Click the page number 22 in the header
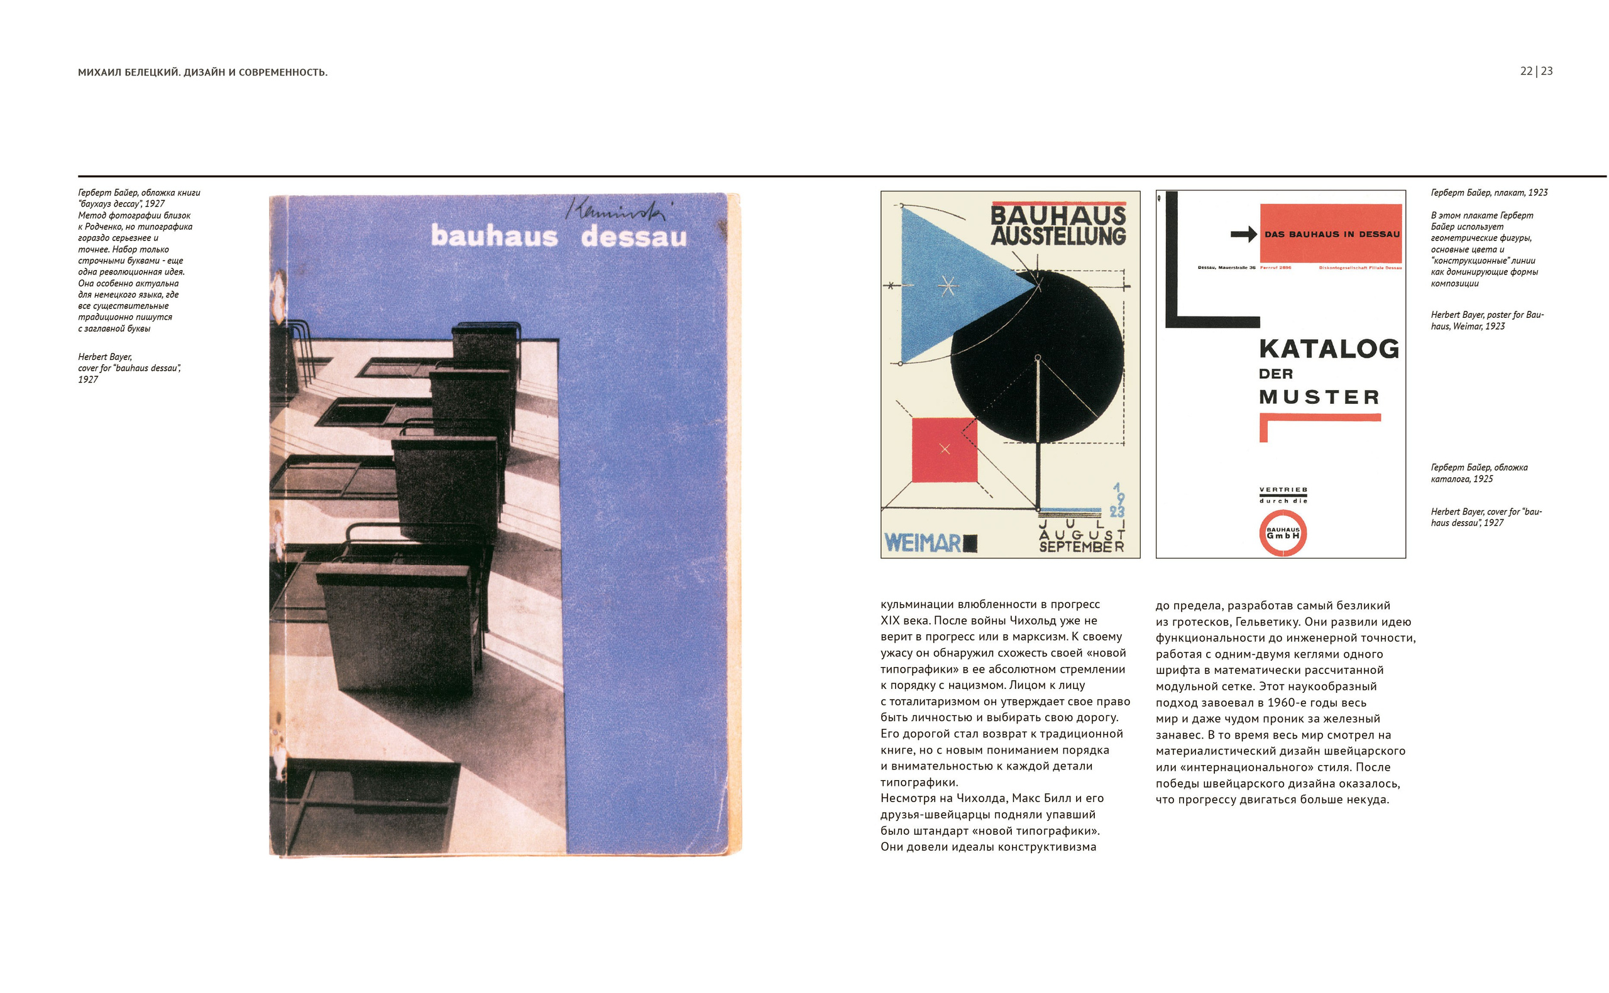[1525, 71]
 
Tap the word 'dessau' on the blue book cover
[634, 236]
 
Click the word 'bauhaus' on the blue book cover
[494, 236]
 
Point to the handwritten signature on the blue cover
[615, 210]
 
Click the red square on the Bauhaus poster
[944, 450]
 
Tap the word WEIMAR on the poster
[923, 543]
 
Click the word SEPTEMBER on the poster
[1081, 546]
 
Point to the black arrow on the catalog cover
[1243, 234]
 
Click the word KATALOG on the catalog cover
[1329, 349]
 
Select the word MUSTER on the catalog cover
[1319, 398]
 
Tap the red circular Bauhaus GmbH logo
[1282, 533]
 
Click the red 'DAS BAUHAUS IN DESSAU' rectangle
[1331, 233]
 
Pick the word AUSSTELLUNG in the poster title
[1058, 236]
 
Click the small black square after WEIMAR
[970, 543]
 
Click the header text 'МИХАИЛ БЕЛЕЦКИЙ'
[128, 72]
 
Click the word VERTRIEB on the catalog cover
[1282, 490]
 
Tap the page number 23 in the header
[1547, 71]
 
